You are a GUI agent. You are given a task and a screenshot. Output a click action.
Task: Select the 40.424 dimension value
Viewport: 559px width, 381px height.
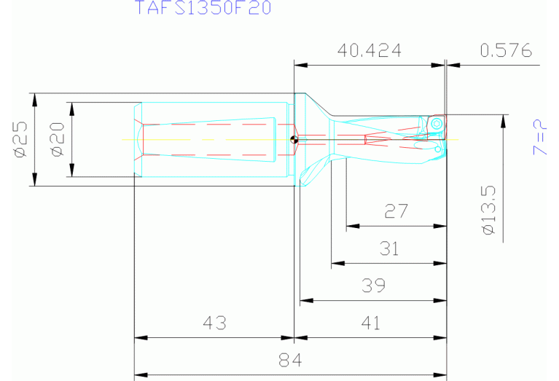click(x=370, y=51)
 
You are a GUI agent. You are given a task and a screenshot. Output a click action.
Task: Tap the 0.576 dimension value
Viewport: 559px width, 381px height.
click(x=506, y=51)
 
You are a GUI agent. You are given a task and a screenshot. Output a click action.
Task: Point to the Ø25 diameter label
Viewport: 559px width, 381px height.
click(x=20, y=138)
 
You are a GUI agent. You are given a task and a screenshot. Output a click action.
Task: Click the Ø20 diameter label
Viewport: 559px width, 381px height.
click(x=58, y=138)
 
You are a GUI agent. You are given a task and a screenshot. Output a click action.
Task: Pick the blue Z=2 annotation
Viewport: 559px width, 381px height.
click(x=540, y=137)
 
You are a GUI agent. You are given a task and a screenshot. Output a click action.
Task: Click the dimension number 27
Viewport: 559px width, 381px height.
click(x=396, y=212)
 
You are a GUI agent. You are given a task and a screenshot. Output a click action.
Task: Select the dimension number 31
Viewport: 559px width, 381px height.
click(x=389, y=249)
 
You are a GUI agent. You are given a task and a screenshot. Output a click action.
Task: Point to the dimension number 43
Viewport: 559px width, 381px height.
click(x=214, y=323)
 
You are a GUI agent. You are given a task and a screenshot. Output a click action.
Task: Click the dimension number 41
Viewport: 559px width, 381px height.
click(x=371, y=323)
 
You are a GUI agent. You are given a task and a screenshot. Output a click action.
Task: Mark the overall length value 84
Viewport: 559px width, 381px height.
click(x=290, y=360)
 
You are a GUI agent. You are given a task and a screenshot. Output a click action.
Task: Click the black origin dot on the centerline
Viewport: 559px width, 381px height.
click(x=293, y=140)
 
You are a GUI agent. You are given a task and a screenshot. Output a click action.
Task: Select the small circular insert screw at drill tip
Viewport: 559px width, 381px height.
click(x=436, y=124)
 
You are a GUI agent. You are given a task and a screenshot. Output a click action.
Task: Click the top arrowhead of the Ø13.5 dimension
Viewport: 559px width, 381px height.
click(x=502, y=119)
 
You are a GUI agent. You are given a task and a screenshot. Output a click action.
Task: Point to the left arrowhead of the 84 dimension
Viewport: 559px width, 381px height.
click(x=138, y=374)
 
